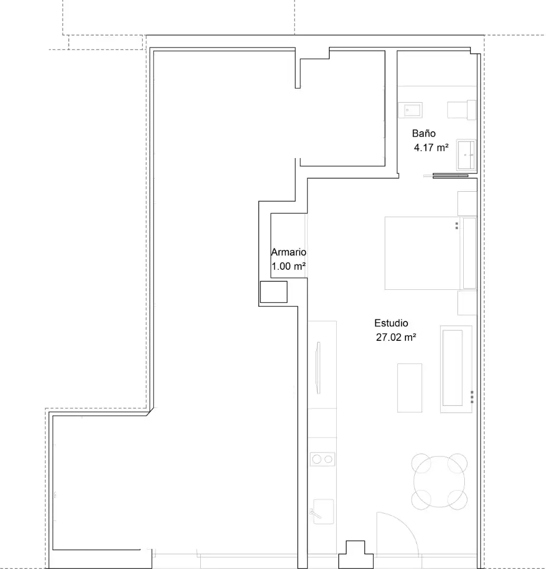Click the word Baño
(424, 133)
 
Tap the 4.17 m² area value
(431, 148)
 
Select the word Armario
(289, 252)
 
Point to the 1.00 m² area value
(289, 266)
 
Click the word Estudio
(391, 323)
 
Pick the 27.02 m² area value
(396, 337)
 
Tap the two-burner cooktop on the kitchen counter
(323, 459)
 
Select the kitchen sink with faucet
(323, 511)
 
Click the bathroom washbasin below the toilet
(466, 155)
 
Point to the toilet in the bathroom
(462, 110)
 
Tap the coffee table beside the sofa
(409, 388)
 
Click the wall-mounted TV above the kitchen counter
(318, 368)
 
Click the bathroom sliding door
(451, 176)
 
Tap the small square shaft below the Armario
(274, 292)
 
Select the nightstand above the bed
(467, 203)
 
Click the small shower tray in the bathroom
(410, 110)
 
